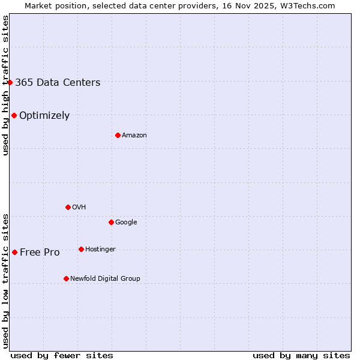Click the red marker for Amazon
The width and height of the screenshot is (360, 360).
point(118,135)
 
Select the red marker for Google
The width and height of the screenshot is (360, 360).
point(111,222)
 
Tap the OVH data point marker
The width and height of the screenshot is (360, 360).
point(68,207)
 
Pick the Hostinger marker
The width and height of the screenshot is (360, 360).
point(81,249)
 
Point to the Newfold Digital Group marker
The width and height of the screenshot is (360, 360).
point(66,278)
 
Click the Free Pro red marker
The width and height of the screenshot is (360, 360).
point(14,252)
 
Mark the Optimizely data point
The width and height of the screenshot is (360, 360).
point(14,115)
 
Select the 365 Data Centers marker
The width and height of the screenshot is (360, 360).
point(10,82)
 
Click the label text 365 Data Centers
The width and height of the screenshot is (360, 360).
point(58,83)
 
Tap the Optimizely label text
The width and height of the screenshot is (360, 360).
point(44,116)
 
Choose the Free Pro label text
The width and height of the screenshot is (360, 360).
point(40,253)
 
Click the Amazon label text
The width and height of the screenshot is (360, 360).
point(134,136)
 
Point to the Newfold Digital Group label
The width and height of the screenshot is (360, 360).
point(105,279)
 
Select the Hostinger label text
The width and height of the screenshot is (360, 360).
point(100,250)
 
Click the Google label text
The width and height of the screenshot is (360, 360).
point(126,223)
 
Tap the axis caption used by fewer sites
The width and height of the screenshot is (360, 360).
point(62,355)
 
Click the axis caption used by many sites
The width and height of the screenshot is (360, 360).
point(301,355)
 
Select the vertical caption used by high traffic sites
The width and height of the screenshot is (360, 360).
point(5,85)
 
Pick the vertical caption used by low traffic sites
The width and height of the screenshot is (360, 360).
point(5,280)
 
